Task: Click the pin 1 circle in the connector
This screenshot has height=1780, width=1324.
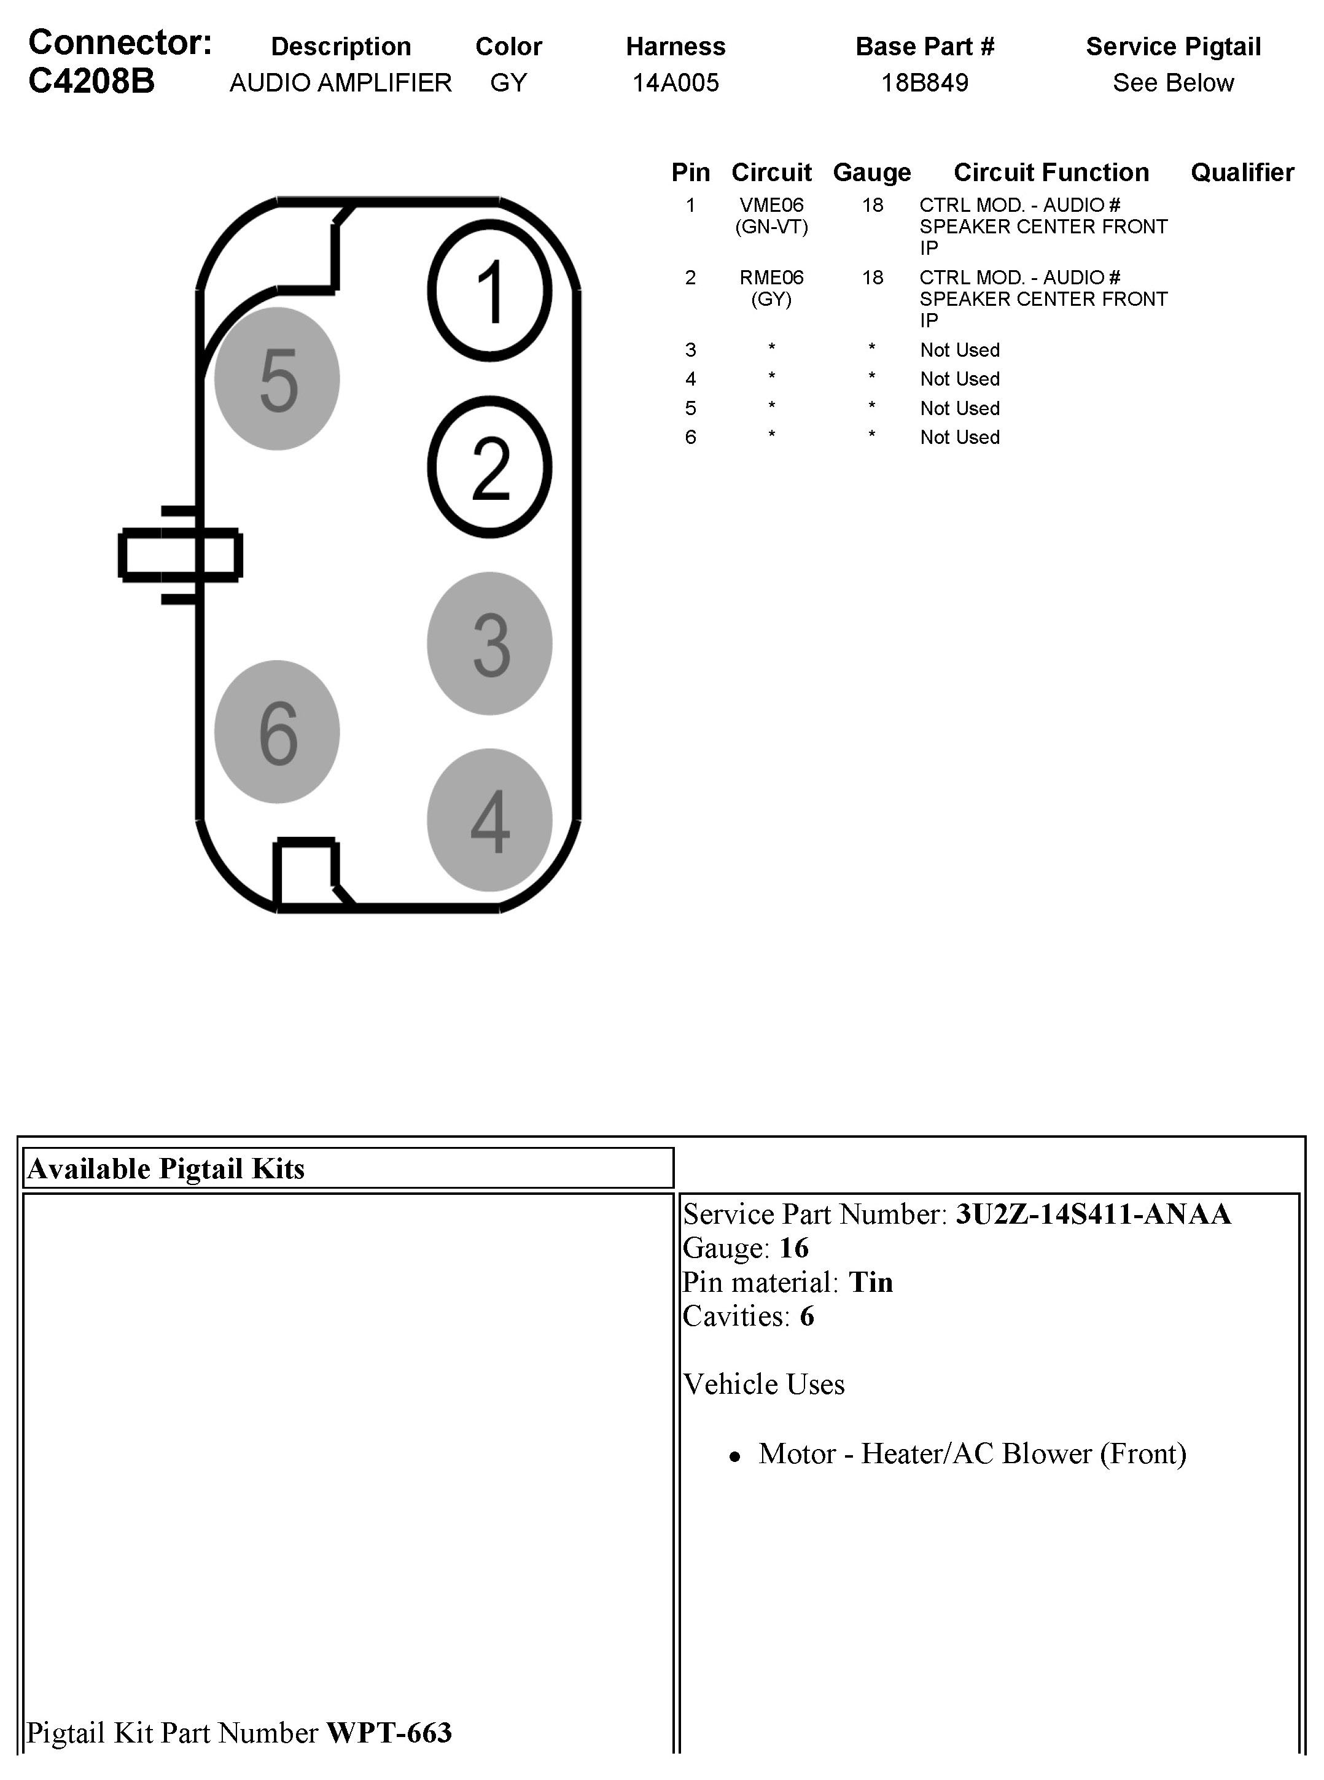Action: [489, 291]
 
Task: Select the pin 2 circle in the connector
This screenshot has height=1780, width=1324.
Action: [489, 467]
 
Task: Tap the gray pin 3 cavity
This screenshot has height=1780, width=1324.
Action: [489, 643]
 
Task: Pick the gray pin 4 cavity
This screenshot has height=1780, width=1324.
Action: [489, 820]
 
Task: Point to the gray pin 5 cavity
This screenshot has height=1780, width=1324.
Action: [278, 379]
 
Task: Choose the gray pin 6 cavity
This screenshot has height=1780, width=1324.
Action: [278, 732]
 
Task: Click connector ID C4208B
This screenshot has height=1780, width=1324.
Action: [92, 82]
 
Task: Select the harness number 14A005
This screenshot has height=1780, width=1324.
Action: [676, 82]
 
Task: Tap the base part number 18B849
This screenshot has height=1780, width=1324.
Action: [925, 82]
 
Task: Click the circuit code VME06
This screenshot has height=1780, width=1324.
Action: [771, 206]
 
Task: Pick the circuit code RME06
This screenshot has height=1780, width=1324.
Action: [771, 278]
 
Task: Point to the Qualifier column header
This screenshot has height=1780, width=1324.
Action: [1242, 173]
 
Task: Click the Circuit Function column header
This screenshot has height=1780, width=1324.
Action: [1051, 173]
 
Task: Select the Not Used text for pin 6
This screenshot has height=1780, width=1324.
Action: [959, 438]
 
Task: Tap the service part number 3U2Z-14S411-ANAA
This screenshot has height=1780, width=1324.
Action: [1093, 1214]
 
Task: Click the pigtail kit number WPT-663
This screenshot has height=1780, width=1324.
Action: [389, 1733]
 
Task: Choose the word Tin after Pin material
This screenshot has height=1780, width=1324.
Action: [870, 1282]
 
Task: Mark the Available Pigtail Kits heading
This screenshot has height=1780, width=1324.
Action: [166, 1168]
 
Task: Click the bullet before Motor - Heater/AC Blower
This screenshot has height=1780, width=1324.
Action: [734, 1458]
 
